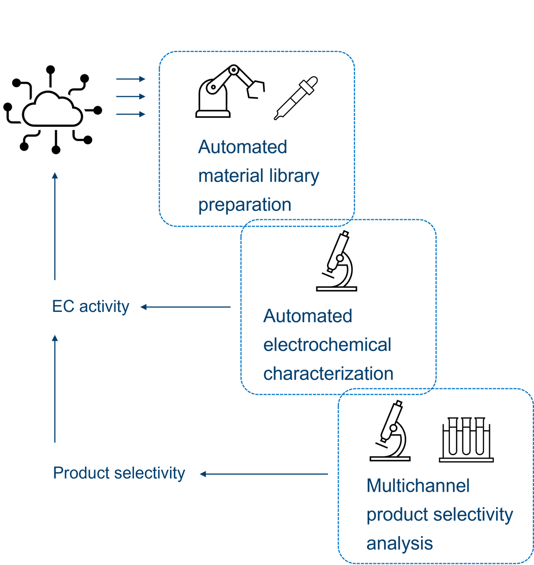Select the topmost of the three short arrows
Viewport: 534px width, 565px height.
131,79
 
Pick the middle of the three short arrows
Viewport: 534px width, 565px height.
131,97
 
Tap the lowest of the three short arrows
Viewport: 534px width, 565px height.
131,114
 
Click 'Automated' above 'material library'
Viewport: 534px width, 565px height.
243,147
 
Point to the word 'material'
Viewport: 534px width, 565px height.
224,176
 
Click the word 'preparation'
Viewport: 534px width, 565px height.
245,205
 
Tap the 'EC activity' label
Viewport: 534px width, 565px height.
91,307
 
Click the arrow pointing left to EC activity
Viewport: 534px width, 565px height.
186,307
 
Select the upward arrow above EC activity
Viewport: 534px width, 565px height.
55,227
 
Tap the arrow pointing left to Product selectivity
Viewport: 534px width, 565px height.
263,474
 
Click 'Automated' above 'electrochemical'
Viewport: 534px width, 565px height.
307,316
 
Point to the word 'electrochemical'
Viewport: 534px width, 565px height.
327,345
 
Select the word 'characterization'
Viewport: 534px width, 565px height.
328,374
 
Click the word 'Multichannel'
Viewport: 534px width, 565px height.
418,486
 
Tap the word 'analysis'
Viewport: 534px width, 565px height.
399,544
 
